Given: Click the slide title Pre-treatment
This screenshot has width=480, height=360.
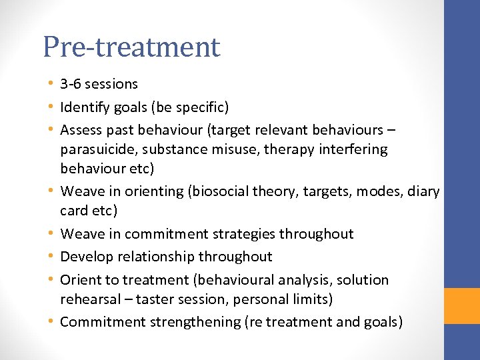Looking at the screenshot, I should (131, 47).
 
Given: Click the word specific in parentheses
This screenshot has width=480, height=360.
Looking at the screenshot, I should (201, 107).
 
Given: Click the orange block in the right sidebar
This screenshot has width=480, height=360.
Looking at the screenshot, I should (462, 305).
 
